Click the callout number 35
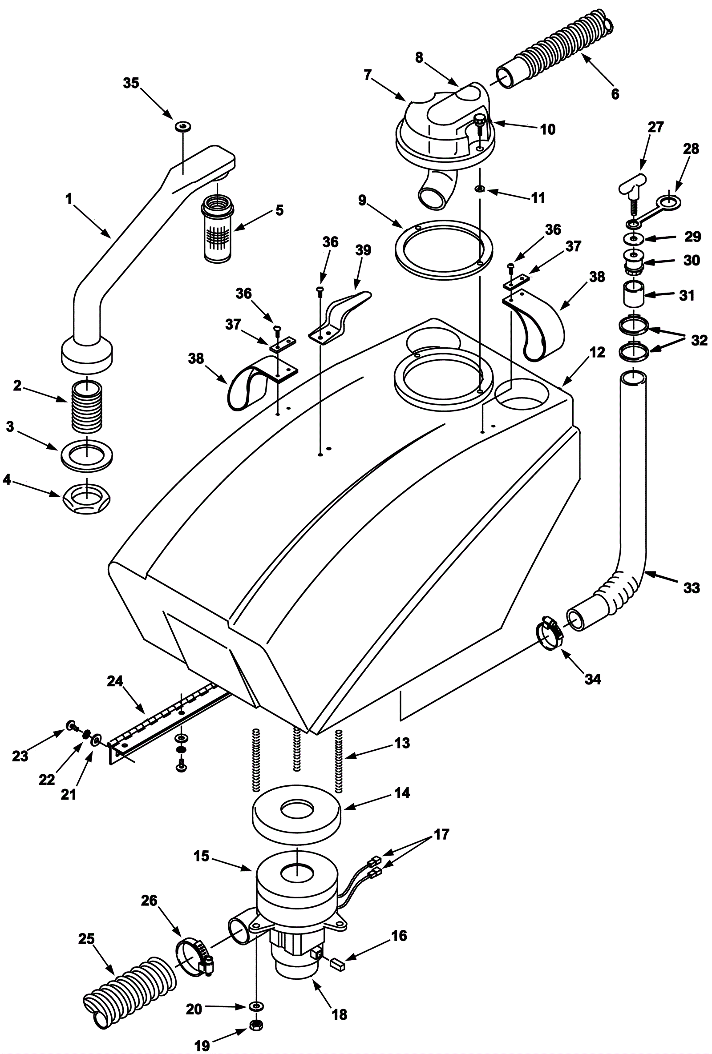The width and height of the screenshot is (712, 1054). pyautogui.click(x=131, y=84)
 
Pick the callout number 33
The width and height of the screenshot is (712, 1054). pyautogui.click(x=691, y=588)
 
